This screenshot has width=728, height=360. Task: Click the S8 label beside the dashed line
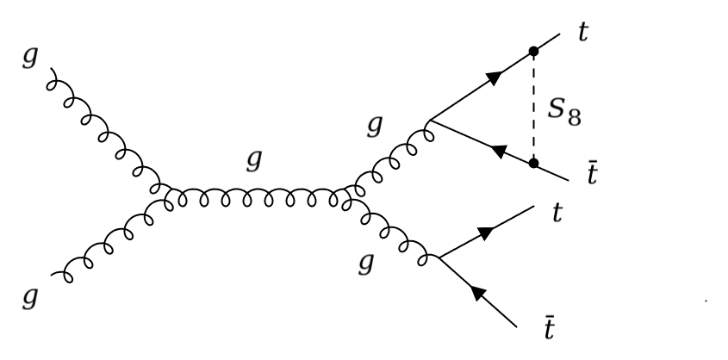pyautogui.click(x=563, y=113)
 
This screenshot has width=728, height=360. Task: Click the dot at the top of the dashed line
pyautogui.click(x=534, y=51)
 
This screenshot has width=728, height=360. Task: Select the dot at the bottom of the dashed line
pyautogui.click(x=534, y=162)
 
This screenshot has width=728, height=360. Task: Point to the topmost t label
pyautogui.click(x=583, y=37)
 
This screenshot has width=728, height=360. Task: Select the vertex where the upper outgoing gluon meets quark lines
pyautogui.click(x=428, y=120)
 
